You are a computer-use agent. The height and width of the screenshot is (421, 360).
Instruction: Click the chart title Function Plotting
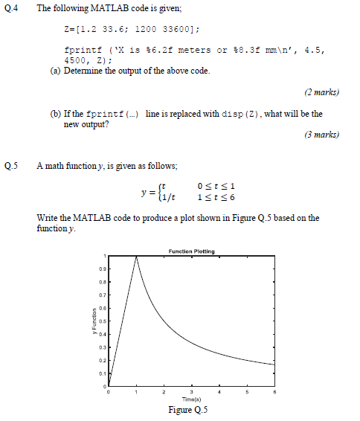tap(192, 251)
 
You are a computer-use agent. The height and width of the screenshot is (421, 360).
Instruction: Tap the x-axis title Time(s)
tap(193, 399)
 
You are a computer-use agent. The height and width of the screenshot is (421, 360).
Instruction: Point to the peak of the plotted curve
tap(136, 257)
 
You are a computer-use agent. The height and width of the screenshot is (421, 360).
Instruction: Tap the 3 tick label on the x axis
tap(192, 392)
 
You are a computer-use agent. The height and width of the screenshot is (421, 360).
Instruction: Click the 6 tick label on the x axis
tap(275, 392)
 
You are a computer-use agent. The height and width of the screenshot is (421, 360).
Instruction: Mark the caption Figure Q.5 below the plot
tap(192, 411)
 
